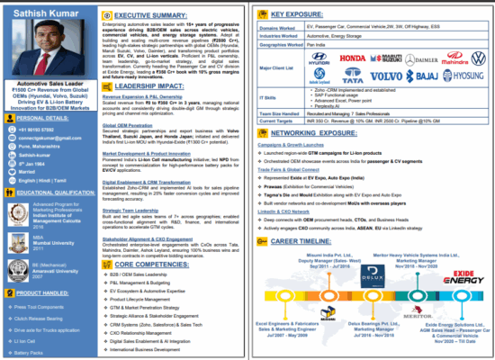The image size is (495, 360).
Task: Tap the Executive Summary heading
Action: [157, 14]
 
